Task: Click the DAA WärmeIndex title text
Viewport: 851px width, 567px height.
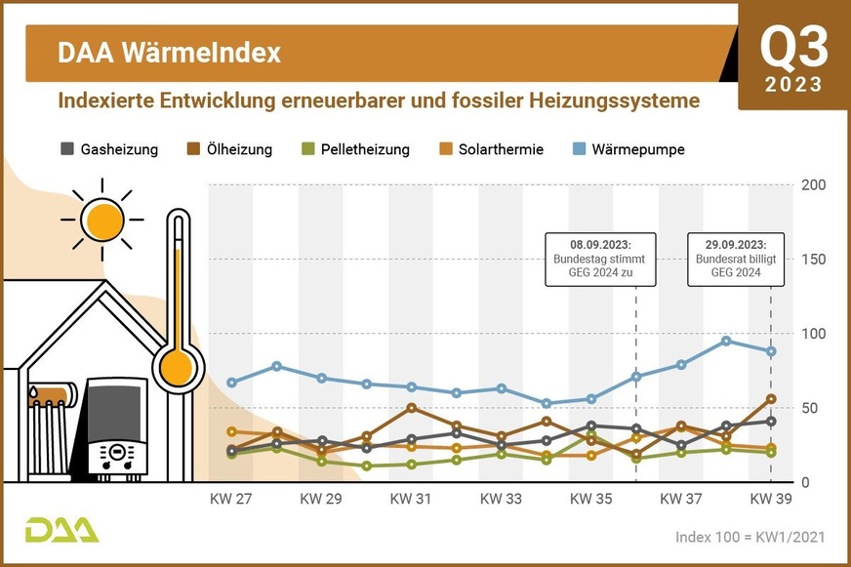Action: [169, 53]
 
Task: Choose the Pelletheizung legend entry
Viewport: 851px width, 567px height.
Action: [354, 149]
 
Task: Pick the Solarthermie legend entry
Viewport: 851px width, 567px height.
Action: [491, 149]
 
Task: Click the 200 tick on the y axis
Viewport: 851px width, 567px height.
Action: [813, 184]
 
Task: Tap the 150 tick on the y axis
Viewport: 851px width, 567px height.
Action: [813, 259]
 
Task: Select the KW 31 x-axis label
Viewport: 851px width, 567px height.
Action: [411, 499]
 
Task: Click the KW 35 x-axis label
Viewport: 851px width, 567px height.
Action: [590, 499]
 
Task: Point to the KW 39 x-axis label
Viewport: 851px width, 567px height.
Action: [770, 499]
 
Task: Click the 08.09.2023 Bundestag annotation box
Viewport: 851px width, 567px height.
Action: [600, 259]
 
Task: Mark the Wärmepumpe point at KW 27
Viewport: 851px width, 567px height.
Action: [232, 383]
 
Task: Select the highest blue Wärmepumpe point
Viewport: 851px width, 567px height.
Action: [726, 341]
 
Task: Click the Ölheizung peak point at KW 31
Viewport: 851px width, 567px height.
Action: [411, 408]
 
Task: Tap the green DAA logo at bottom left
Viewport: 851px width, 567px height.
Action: [61, 530]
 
